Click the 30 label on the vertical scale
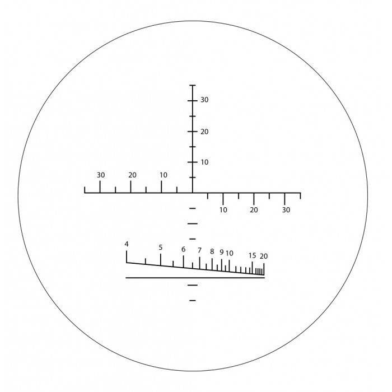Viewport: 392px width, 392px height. [204, 100]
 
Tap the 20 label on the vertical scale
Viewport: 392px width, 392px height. [204, 132]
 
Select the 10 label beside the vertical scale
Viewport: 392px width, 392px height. [204, 162]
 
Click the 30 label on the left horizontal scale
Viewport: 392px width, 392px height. [101, 175]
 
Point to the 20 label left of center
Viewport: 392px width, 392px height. [132, 175]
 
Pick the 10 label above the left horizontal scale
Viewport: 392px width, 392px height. [164, 175]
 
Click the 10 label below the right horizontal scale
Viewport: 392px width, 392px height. [223, 210]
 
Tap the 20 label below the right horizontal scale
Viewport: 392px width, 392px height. [254, 210]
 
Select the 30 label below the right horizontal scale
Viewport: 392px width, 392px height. [286, 210]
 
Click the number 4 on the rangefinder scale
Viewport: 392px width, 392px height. [127, 244]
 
